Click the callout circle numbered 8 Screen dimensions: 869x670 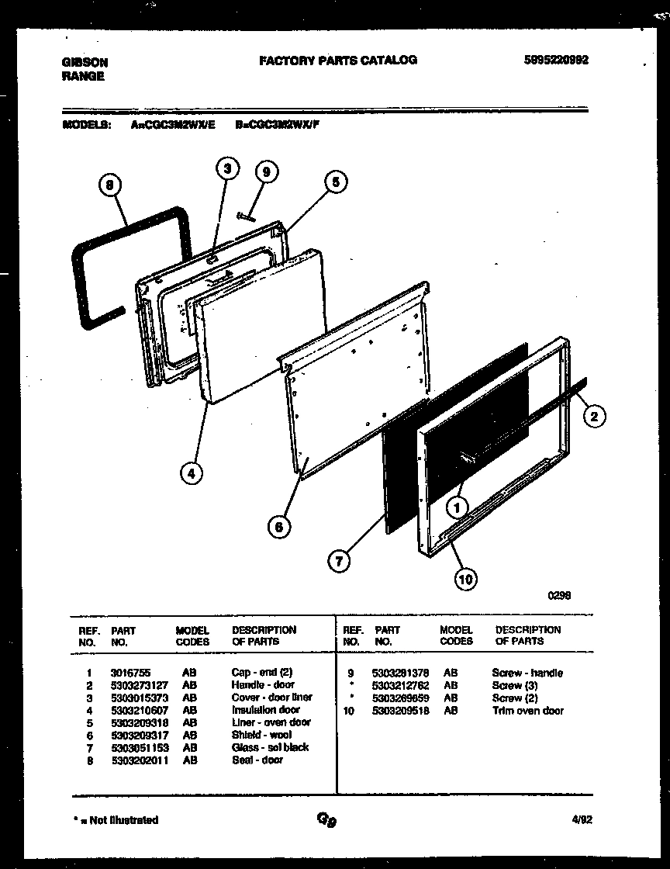[110, 185]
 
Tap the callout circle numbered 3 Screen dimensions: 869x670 [226, 168]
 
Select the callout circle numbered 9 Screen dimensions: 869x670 [265, 172]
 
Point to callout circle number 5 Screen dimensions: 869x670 [335, 182]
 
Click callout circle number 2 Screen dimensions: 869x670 [593, 417]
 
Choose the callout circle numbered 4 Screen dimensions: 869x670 [190, 472]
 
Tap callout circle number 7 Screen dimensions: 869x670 [338, 561]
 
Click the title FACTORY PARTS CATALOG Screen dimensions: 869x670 [337, 60]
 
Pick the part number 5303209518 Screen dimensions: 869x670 [401, 711]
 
